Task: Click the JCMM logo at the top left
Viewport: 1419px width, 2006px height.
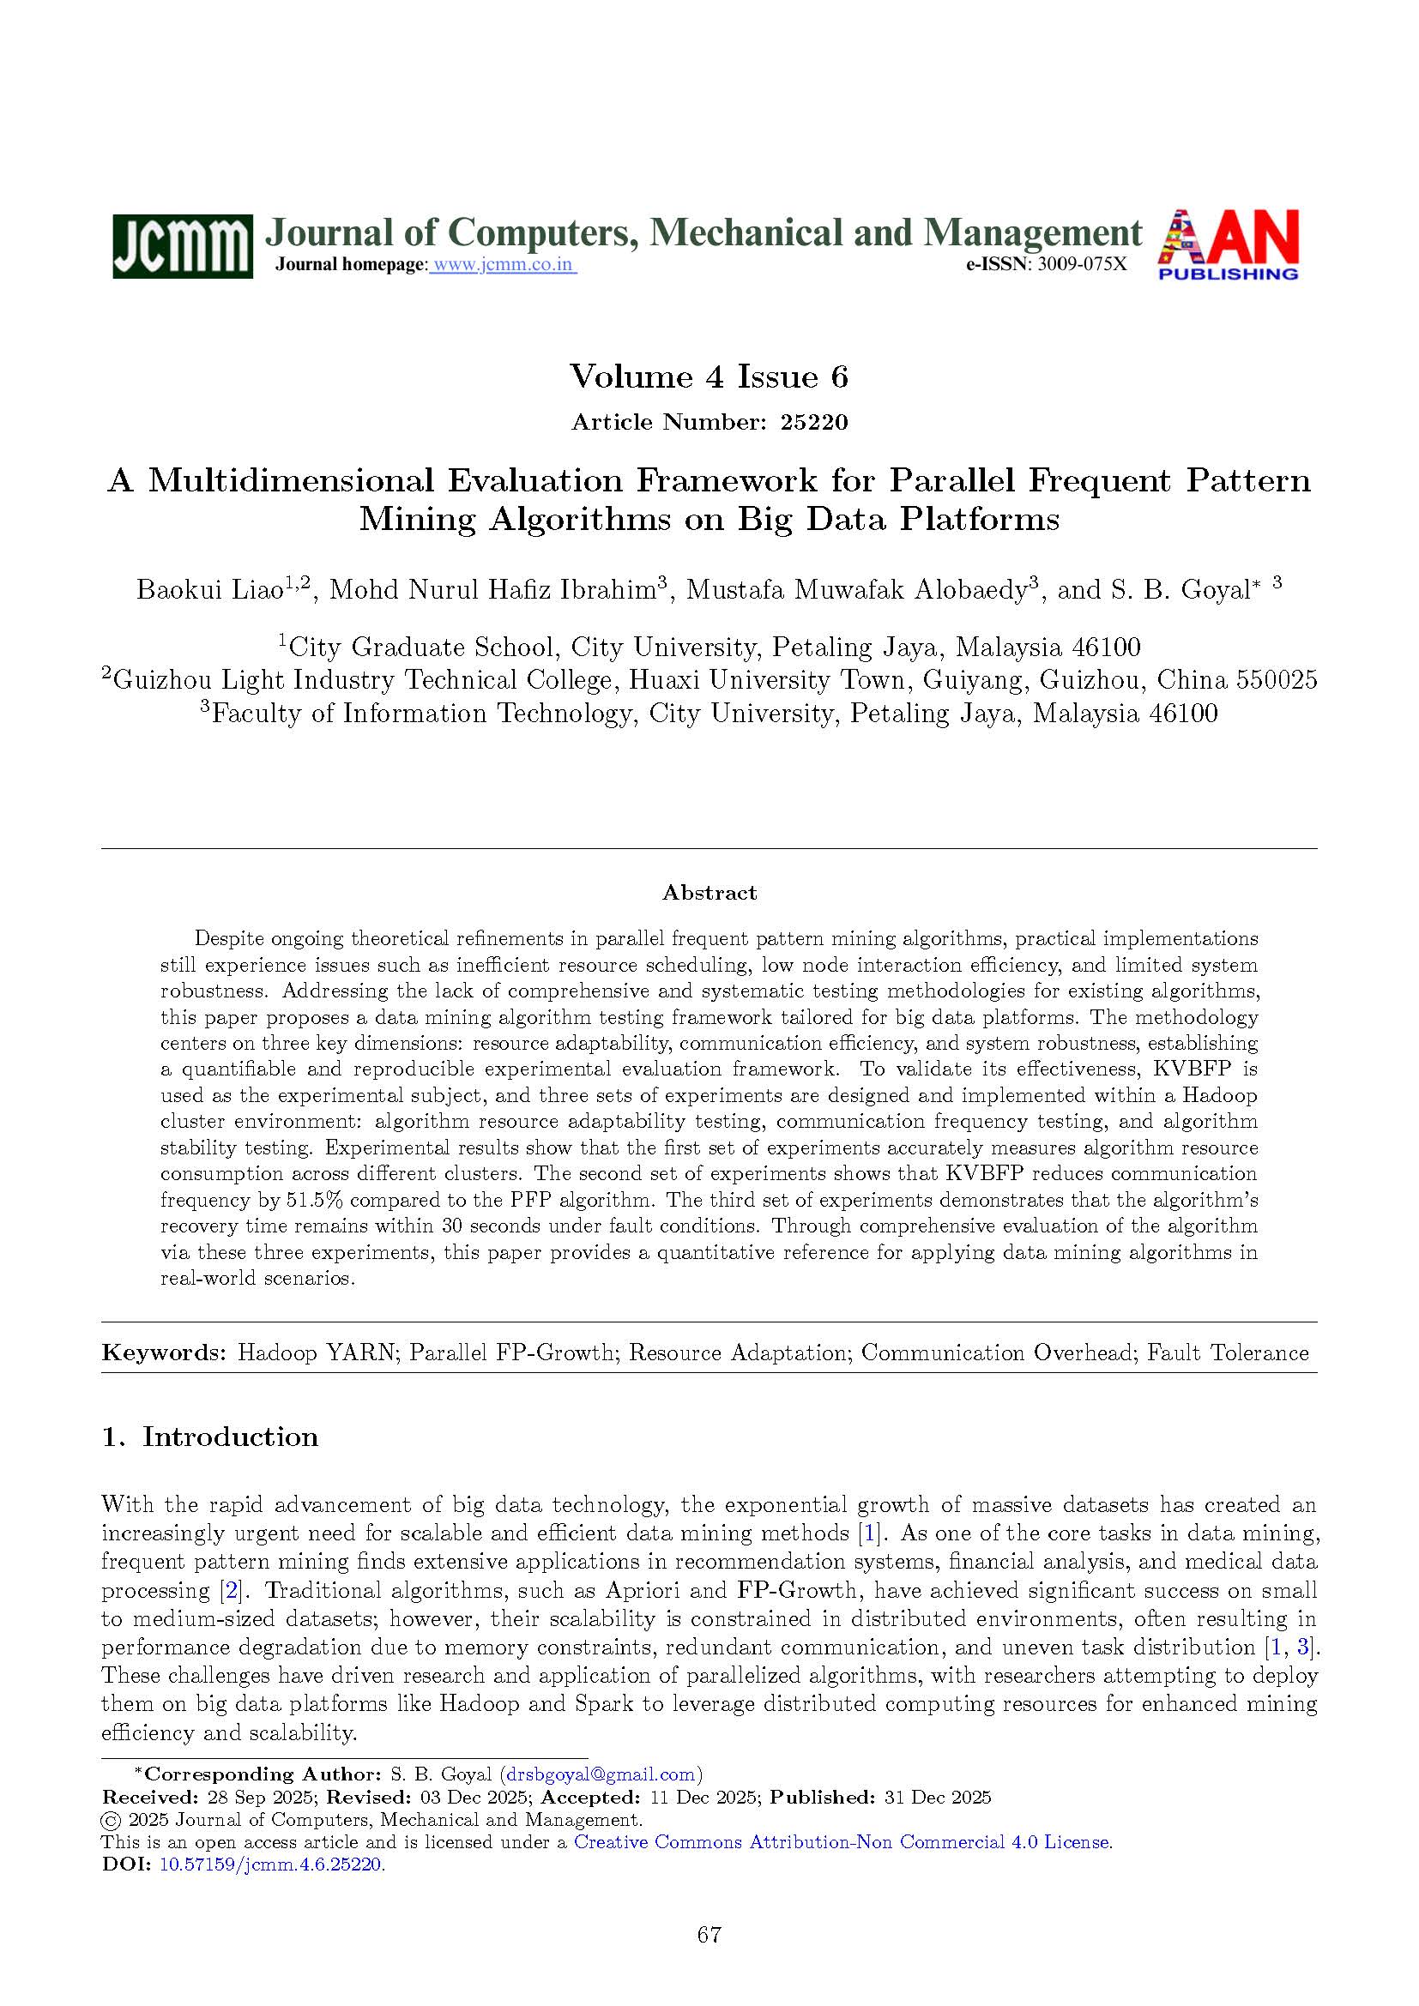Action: (x=182, y=246)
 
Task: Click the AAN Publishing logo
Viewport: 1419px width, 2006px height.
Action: (x=1228, y=245)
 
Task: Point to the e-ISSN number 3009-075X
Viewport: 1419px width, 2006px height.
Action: (x=1082, y=266)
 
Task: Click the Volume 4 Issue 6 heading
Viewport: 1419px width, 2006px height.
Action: (x=709, y=377)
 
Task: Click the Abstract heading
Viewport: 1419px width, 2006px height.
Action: (x=709, y=892)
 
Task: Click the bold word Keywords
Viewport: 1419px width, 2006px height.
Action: (x=164, y=1353)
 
